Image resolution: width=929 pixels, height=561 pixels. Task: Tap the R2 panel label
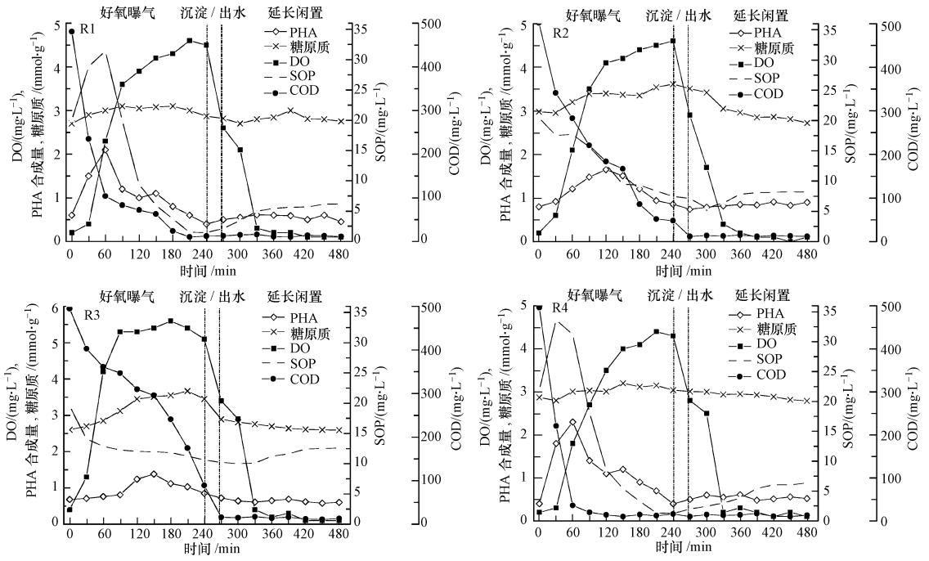(x=561, y=34)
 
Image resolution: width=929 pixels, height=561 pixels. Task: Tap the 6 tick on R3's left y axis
(x=55, y=307)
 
